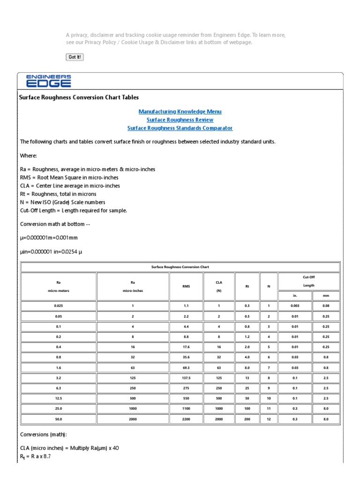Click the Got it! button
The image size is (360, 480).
(x=75, y=57)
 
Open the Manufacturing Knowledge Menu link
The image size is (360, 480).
(x=180, y=112)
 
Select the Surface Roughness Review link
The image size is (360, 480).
(x=180, y=120)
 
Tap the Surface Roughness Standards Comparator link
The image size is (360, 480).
(x=180, y=128)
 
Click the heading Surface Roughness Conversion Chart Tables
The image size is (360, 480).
(x=79, y=97)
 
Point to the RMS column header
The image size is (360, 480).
(x=186, y=286)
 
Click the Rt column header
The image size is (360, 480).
(x=247, y=286)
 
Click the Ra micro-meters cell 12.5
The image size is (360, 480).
(x=59, y=398)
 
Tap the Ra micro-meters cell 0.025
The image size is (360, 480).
(x=59, y=306)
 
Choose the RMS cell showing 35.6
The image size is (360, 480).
(x=186, y=357)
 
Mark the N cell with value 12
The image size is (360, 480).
(x=269, y=419)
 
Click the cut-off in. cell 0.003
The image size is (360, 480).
(x=295, y=306)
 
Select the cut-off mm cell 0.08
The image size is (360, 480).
(x=326, y=306)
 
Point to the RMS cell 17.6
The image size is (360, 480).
(x=186, y=347)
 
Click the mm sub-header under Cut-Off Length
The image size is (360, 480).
(x=326, y=296)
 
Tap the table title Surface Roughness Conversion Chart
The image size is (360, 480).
(x=180, y=267)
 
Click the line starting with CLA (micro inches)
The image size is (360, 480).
(x=70, y=448)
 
